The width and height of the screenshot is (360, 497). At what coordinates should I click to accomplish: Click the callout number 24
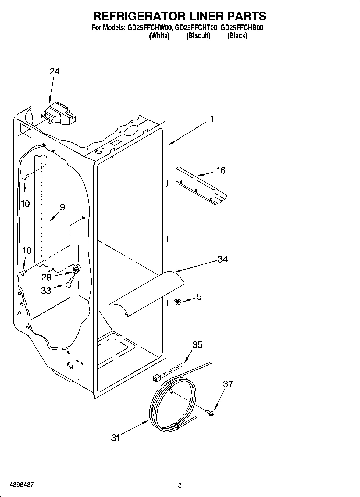pos(54,71)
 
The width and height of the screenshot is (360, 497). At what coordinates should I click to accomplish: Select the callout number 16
pos(221,170)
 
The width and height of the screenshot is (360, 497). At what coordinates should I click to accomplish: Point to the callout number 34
pos(223,259)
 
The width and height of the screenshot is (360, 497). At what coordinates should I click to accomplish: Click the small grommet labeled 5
pos(177,302)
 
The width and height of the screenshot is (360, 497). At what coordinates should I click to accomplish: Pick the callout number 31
pos(115,438)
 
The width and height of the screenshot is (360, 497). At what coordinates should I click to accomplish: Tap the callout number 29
pos(46,277)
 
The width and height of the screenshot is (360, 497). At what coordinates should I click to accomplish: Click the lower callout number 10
pos(27,251)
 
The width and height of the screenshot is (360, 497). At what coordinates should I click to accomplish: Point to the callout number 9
pos(62,207)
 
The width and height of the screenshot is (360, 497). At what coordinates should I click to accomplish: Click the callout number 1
pos(212,119)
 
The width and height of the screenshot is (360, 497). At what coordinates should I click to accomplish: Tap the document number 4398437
pos(22,485)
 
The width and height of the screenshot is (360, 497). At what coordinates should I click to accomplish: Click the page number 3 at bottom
pos(180,485)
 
